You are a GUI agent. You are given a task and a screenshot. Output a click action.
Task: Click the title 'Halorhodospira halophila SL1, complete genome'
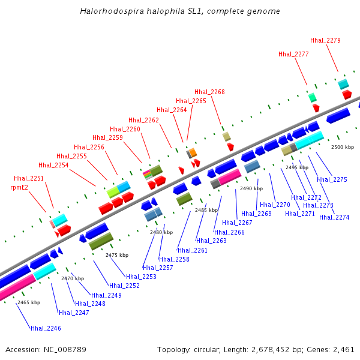(180, 11)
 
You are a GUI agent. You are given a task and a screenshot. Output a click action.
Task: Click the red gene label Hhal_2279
(326, 41)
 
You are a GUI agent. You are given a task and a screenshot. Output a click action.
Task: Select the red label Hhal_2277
(293, 54)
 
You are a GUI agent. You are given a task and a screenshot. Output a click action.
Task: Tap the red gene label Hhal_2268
(209, 92)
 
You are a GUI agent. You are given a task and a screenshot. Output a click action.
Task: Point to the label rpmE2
(19, 187)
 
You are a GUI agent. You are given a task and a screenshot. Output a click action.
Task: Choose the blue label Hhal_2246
(46, 328)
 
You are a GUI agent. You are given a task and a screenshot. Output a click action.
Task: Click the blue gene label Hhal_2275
(332, 179)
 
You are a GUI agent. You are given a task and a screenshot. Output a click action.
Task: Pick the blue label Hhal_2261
(193, 250)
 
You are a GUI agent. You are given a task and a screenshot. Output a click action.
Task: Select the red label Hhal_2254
(53, 165)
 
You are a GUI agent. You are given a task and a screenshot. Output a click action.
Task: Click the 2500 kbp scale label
(343, 147)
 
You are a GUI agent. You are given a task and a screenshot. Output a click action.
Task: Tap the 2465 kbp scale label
(28, 302)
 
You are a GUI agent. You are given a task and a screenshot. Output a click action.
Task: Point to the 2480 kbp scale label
(161, 232)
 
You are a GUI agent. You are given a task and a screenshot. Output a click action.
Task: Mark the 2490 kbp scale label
(251, 188)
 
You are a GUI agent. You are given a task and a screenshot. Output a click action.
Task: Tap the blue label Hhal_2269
(257, 214)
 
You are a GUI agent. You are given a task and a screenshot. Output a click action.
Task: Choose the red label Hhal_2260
(125, 129)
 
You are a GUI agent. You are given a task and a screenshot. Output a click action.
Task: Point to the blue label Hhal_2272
(306, 197)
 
